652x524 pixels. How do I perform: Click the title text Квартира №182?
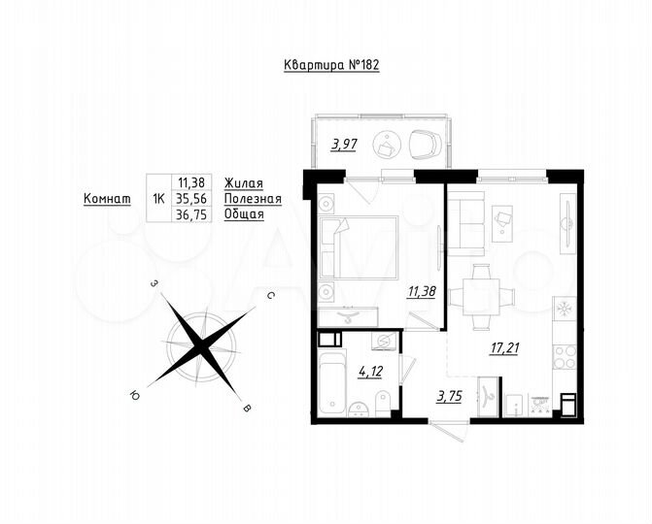coord(326,67)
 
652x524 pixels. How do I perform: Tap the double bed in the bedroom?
coord(358,247)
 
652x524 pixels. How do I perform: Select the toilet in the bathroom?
coord(385,397)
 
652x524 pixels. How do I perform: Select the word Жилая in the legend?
coord(243,181)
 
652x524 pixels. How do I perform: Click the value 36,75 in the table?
coord(190,214)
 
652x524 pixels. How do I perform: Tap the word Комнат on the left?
coord(107,198)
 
